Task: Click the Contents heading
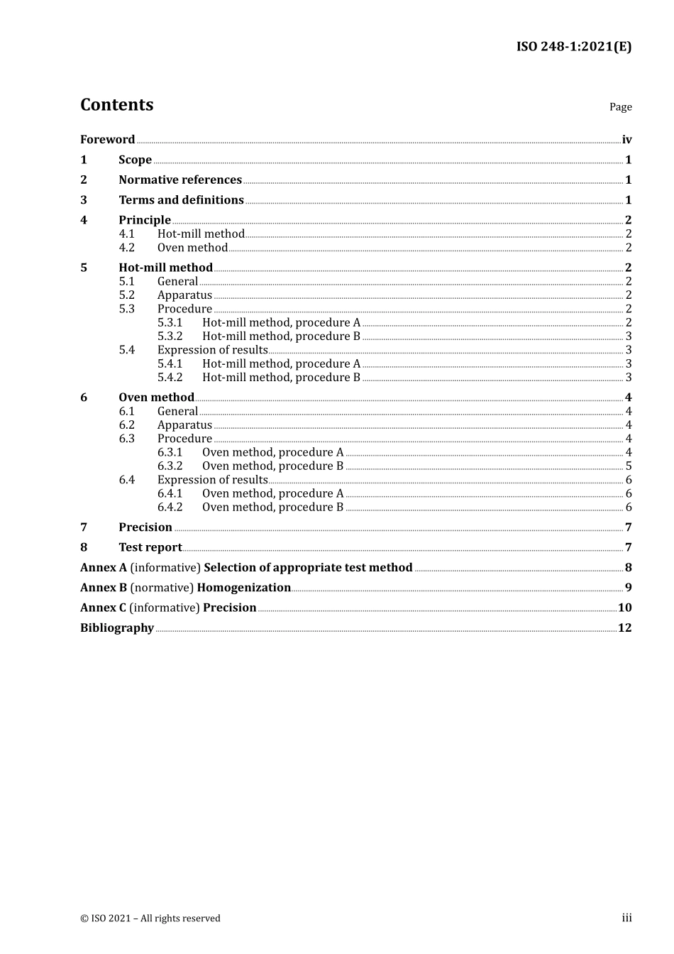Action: (116, 105)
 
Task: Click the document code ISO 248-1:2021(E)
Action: (573, 47)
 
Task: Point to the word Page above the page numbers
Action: (620, 107)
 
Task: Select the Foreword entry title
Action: (107, 140)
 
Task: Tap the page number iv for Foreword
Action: (626, 140)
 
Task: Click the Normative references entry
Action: (180, 180)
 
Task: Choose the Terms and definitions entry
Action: (181, 200)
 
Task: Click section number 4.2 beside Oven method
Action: (126, 248)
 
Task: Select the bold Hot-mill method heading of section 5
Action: (165, 268)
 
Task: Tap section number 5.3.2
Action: (170, 336)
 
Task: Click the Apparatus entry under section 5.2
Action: (184, 295)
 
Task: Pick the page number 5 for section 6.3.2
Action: (629, 466)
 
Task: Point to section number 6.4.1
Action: (170, 493)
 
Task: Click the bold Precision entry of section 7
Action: (145, 527)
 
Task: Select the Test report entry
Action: (150, 547)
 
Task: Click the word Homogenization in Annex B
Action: (243, 588)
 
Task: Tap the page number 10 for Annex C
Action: (624, 608)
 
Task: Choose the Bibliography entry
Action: (117, 628)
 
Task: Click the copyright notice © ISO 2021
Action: (150, 919)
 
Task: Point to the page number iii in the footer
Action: (626, 918)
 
